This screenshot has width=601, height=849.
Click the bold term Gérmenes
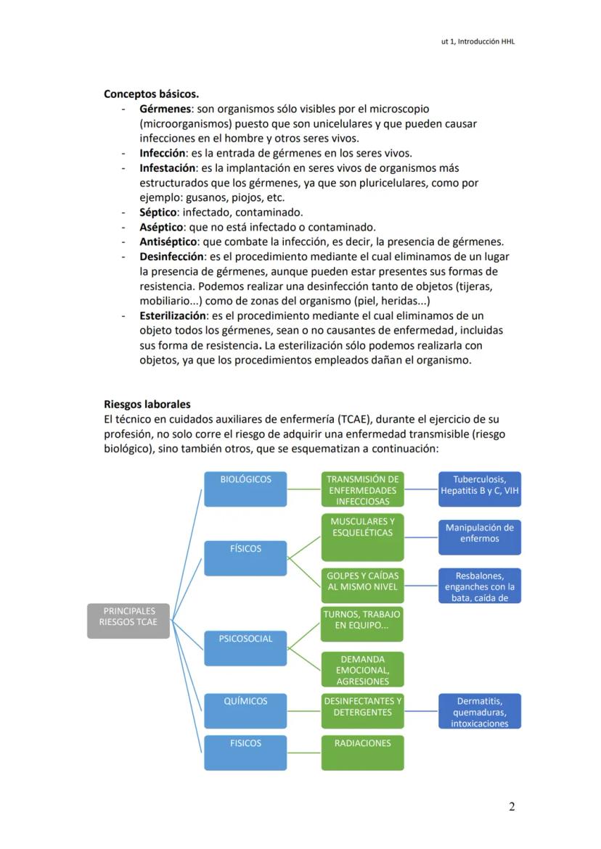tap(165, 109)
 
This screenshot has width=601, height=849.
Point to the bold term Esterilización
tap(173, 316)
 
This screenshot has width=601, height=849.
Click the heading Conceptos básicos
tap(151, 94)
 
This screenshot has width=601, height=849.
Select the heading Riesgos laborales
tap(147, 405)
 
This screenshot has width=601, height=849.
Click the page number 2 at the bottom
tap(512, 807)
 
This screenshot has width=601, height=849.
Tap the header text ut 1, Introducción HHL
tap(473, 42)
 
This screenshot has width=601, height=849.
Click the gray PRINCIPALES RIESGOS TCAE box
tap(128, 621)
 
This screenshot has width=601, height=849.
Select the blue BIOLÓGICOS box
tap(245, 489)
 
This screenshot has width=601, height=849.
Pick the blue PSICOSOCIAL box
tap(245, 648)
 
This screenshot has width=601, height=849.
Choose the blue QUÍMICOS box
tap(245, 711)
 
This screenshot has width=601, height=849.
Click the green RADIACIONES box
tap(362, 753)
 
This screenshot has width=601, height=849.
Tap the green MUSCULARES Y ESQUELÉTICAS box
tap(362, 537)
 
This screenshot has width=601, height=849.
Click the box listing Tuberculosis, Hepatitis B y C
tap(479, 489)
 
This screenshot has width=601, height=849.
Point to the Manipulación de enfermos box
tap(479, 537)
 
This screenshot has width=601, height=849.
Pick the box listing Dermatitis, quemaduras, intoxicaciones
tap(479, 711)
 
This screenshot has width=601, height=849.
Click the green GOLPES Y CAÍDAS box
tap(362, 586)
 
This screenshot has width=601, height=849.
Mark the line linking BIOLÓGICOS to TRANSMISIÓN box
tap(304, 489)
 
